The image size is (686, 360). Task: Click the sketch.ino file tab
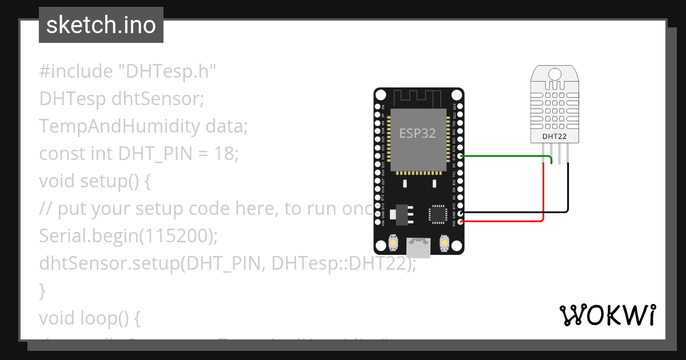(x=101, y=25)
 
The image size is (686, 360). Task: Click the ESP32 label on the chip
(x=417, y=134)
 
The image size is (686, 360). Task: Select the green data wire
(x=503, y=155)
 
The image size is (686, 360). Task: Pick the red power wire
(x=543, y=194)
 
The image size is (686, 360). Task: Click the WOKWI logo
(x=607, y=315)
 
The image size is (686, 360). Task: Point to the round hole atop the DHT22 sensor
(x=554, y=74)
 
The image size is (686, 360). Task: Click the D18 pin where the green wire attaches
(x=460, y=156)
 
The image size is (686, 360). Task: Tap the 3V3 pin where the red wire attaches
(x=460, y=221)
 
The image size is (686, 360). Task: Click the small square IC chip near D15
(x=438, y=214)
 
